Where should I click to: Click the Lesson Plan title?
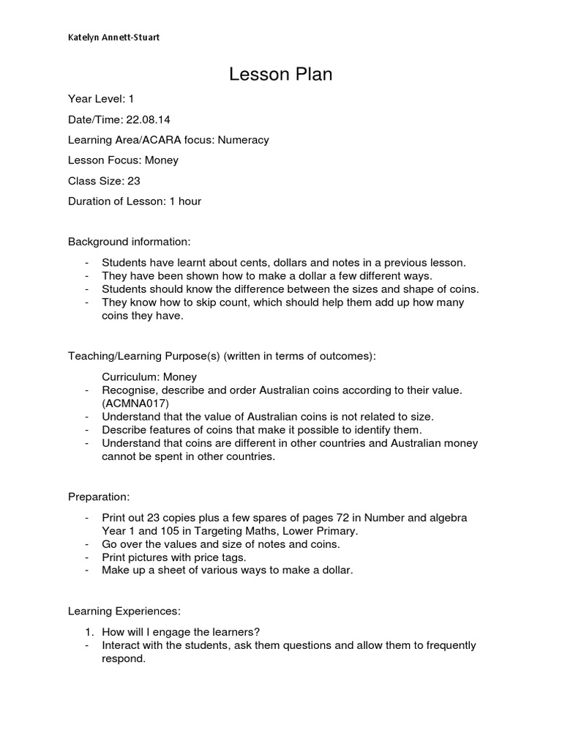tap(280, 74)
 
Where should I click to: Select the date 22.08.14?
tap(150, 119)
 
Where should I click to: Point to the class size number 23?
tap(133, 180)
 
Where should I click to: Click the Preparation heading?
tap(99, 497)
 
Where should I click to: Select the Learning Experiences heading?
tap(124, 610)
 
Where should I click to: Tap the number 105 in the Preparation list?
tap(165, 531)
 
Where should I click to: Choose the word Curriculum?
tap(129, 376)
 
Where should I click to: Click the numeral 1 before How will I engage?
tap(88, 632)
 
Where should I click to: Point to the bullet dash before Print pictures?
tap(88, 557)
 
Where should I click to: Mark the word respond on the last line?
tap(124, 658)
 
